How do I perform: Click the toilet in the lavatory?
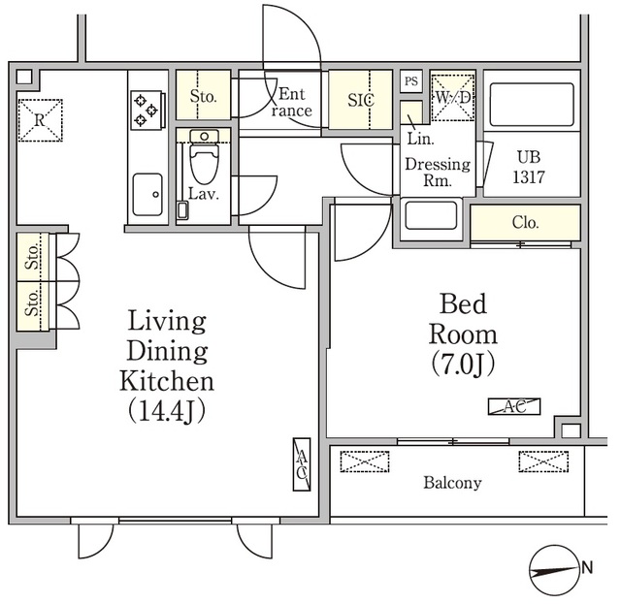204,157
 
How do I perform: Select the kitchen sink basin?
147,194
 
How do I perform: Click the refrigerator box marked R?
41,120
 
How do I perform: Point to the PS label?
411,81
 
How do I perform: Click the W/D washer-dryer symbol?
453,97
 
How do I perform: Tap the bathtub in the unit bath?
532,105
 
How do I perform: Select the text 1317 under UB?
529,177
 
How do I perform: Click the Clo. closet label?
525,222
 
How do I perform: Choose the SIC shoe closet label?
361,100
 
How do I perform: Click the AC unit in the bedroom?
514,406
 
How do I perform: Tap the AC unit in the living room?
302,464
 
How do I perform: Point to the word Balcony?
452,483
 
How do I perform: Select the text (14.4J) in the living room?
166,412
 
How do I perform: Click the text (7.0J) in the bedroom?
463,364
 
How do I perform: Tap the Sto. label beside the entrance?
203,96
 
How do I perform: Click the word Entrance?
291,102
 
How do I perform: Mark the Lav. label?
204,194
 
